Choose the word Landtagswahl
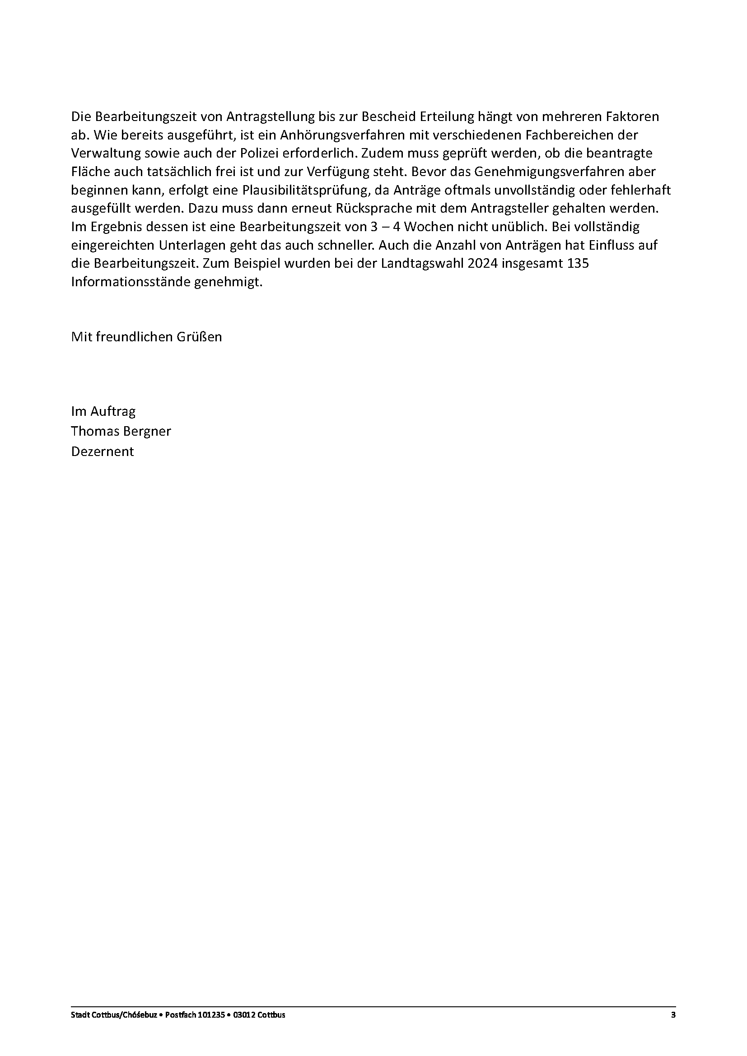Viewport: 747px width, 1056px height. pos(413,264)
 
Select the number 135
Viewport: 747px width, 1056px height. pos(579,264)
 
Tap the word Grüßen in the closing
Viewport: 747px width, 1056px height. pos(199,337)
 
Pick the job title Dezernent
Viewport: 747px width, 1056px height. pos(102,451)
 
